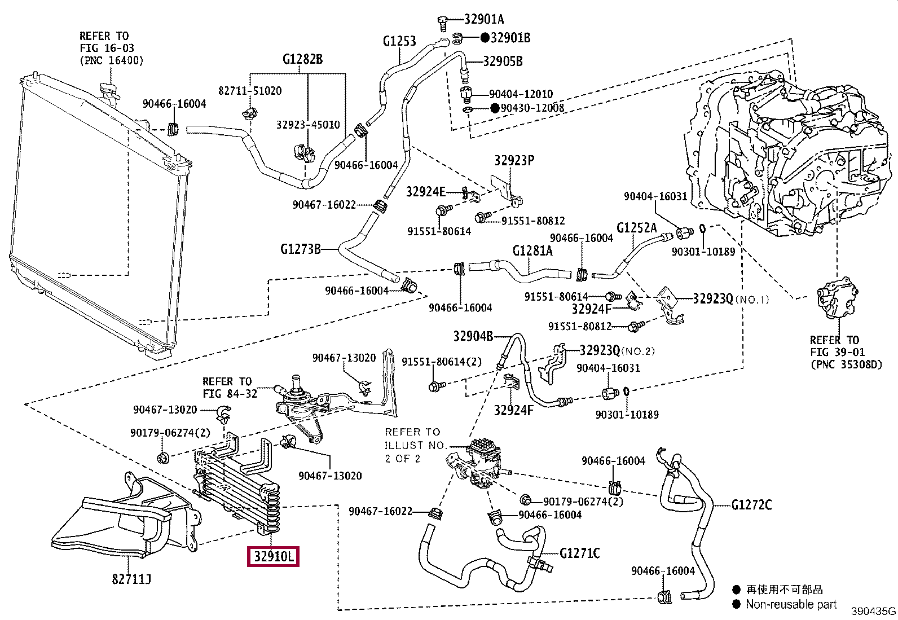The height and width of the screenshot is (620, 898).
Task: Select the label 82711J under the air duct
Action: pos(131,579)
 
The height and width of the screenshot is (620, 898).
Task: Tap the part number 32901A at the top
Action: pos(484,19)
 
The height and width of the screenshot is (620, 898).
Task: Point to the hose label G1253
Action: pos(399,41)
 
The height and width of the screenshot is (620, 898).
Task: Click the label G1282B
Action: pos(303,59)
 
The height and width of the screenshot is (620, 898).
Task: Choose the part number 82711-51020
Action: pos(250,91)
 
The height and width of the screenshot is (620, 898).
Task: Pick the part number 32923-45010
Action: pos(308,125)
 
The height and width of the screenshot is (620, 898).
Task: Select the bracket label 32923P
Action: pos(514,161)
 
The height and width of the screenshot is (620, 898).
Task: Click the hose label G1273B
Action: pos(301,249)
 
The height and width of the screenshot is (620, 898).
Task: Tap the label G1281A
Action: pos(532,250)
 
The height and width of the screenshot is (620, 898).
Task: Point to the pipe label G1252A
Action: pos(637,228)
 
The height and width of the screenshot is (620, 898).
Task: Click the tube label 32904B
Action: pos(473,336)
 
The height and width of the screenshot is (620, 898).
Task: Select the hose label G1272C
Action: pos(751,504)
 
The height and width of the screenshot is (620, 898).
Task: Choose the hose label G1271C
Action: pos(580,553)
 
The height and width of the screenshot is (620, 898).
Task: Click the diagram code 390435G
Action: pos(873,612)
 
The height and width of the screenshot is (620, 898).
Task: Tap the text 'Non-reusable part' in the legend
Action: pos(791,604)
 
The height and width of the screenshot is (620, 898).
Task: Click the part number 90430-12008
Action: pos(532,108)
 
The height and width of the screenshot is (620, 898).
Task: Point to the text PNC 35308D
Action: pos(846,364)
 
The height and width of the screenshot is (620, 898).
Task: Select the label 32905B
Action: pos(503,61)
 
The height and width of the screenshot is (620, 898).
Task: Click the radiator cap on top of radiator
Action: pos(107,89)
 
